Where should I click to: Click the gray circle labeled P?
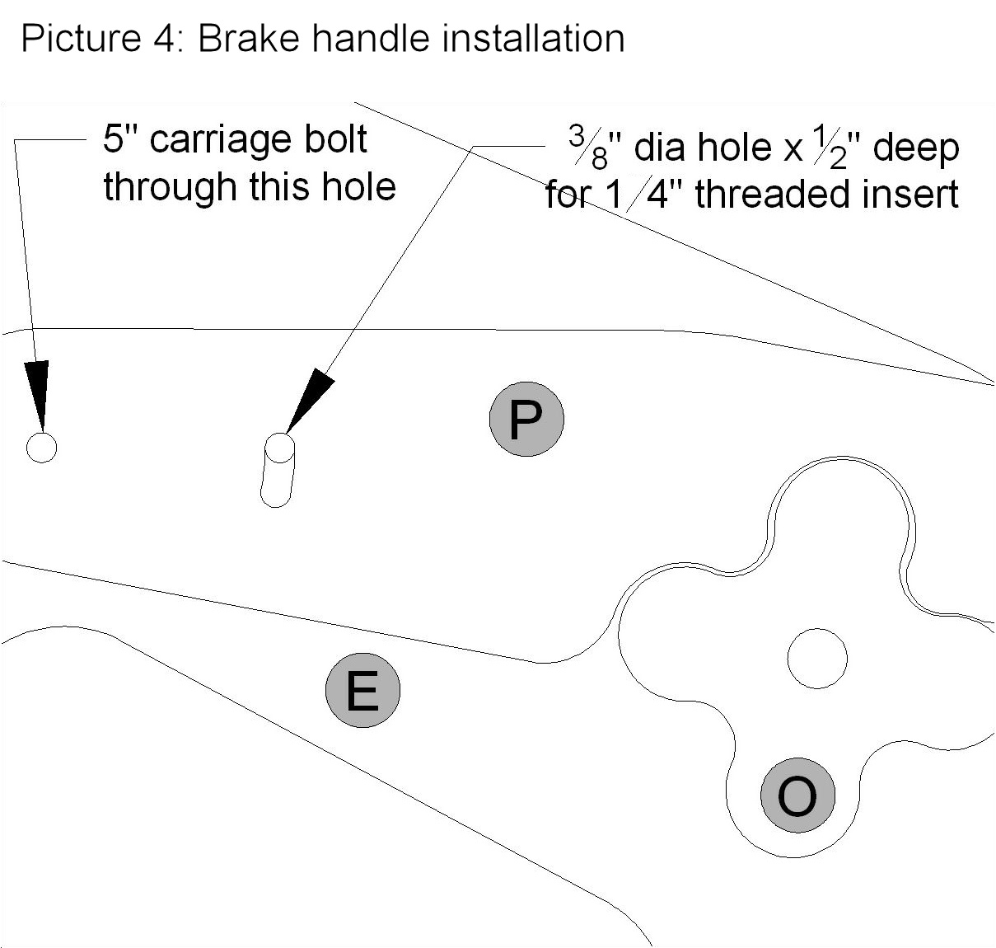(526, 420)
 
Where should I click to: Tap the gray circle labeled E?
(362, 691)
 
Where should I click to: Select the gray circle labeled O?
(797, 795)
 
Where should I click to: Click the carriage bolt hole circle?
(41, 448)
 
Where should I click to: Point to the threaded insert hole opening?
(279, 448)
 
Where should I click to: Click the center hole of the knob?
(817, 659)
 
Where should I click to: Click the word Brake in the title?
(248, 39)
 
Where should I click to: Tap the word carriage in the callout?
(221, 142)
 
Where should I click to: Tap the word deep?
(916, 150)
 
